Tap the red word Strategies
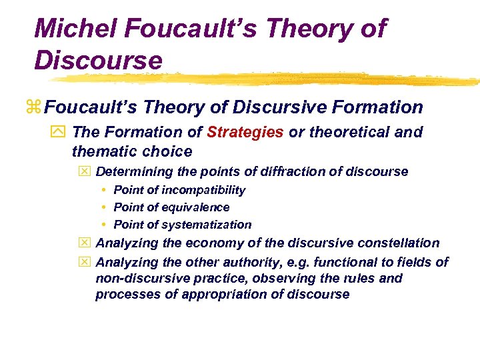[x=245, y=132]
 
